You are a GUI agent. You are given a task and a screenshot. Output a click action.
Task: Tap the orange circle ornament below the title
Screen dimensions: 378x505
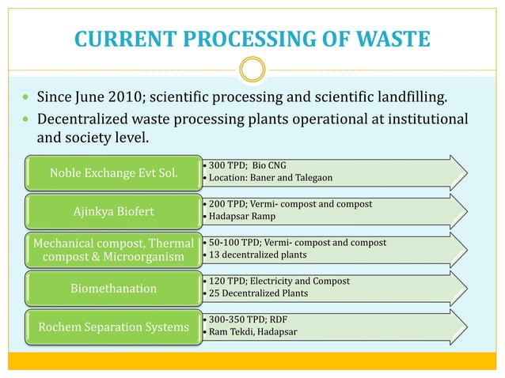(x=252, y=71)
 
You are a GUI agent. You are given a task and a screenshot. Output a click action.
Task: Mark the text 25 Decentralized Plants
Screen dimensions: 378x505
(x=256, y=293)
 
